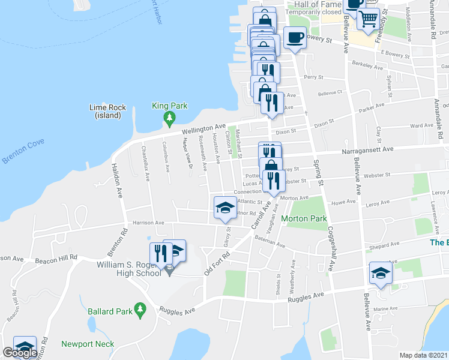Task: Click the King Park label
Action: tap(170, 106)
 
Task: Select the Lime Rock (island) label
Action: tap(107, 111)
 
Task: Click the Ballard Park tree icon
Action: tap(140, 310)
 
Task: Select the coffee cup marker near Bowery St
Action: tap(294, 38)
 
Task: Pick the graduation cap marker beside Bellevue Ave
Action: tap(380, 273)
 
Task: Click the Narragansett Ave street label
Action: tap(368, 149)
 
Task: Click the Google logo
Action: tap(20, 353)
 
